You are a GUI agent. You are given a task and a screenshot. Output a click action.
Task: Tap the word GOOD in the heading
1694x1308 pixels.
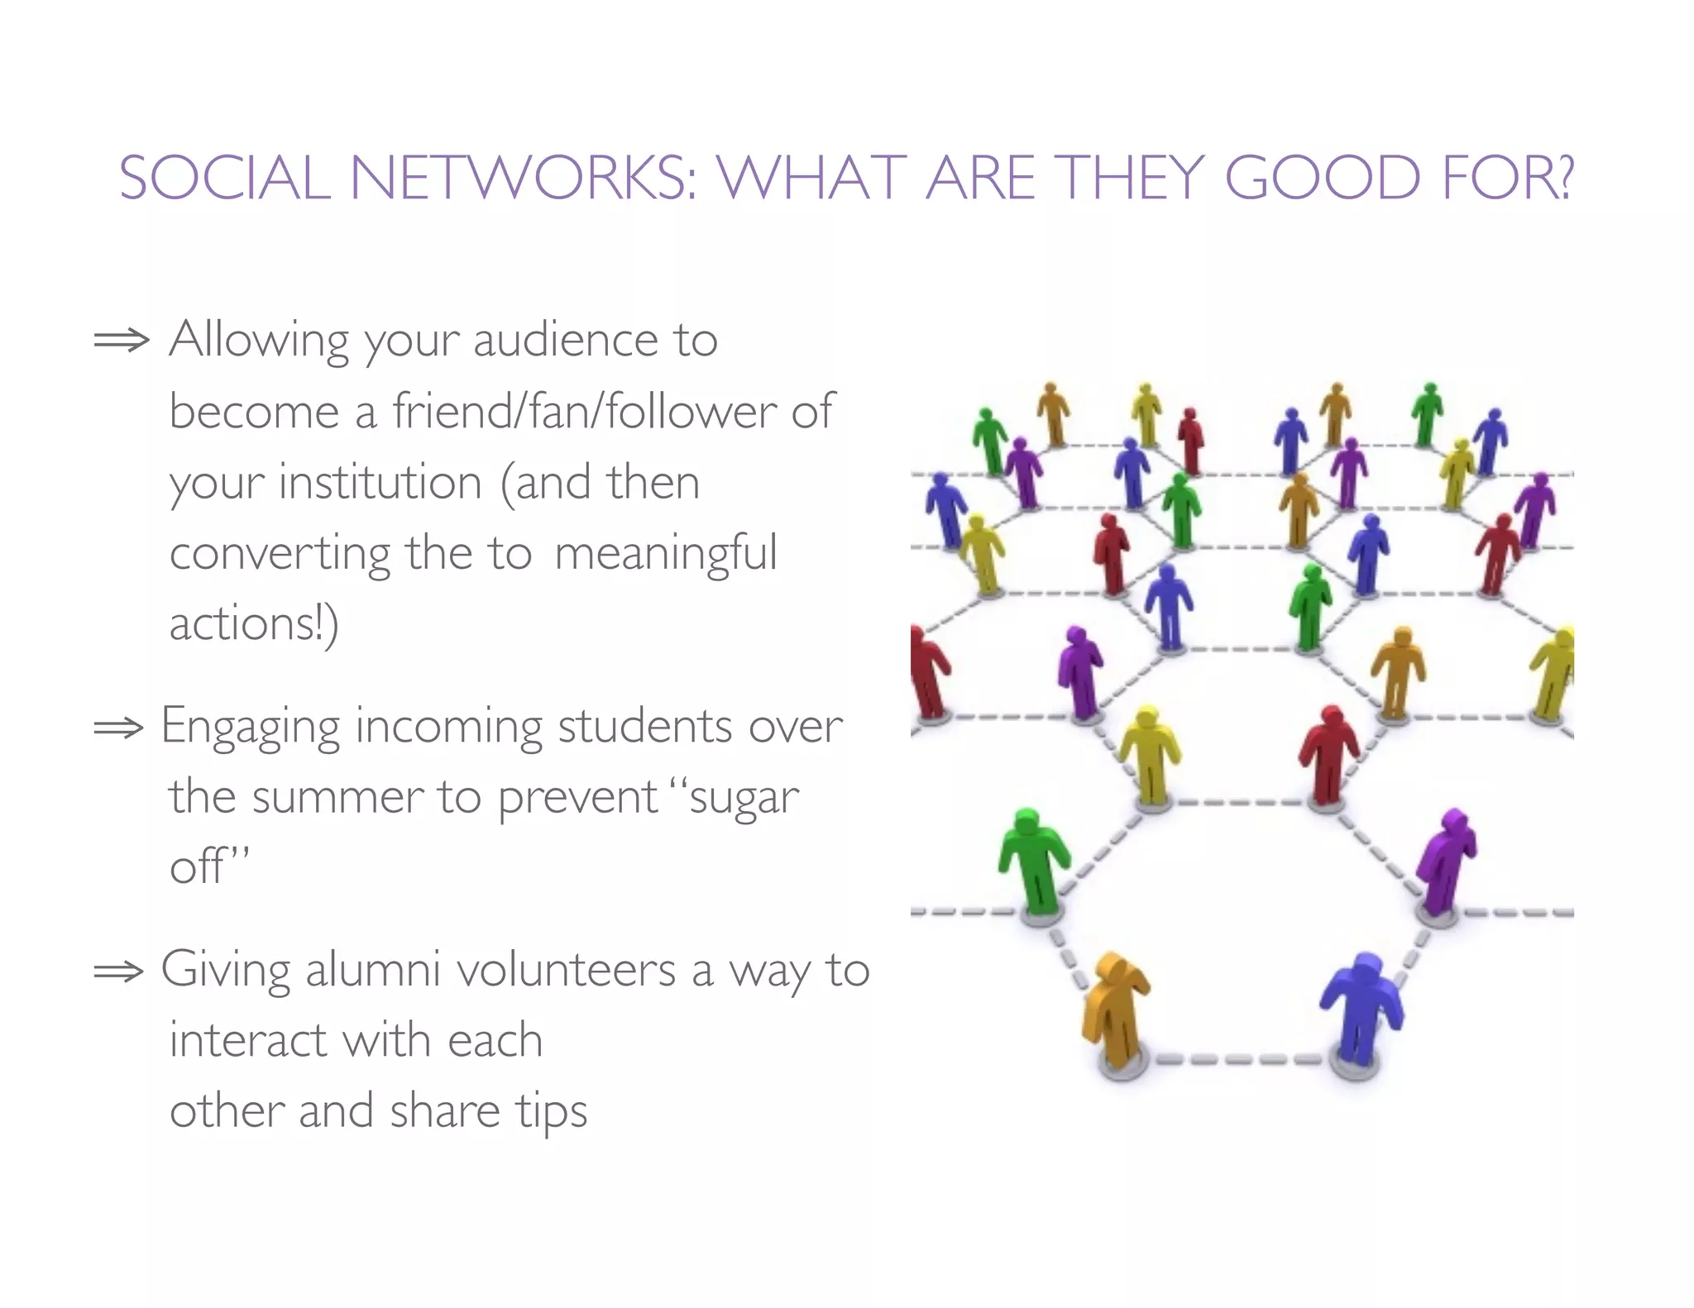(1322, 178)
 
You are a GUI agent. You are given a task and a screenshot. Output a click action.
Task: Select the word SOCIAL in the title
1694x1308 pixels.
(224, 178)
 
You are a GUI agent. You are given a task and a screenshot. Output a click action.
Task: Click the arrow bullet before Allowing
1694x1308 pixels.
(121, 340)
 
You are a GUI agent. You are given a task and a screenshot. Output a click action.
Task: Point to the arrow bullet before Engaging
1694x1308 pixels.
(118, 728)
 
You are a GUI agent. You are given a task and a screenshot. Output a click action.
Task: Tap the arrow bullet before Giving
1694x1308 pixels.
(118, 971)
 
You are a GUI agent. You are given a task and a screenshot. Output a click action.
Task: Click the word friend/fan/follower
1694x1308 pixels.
(584, 411)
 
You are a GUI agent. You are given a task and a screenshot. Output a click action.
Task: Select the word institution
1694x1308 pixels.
(380, 482)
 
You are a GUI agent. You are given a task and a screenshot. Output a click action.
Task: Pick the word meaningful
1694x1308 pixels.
(666, 553)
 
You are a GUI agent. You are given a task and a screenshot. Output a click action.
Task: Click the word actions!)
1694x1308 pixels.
(254, 624)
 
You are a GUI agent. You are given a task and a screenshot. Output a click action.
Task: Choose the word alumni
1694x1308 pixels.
(372, 969)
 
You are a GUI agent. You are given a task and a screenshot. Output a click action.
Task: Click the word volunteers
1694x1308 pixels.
(567, 969)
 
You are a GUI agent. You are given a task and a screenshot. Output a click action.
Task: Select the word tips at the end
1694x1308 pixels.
(552, 1111)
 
